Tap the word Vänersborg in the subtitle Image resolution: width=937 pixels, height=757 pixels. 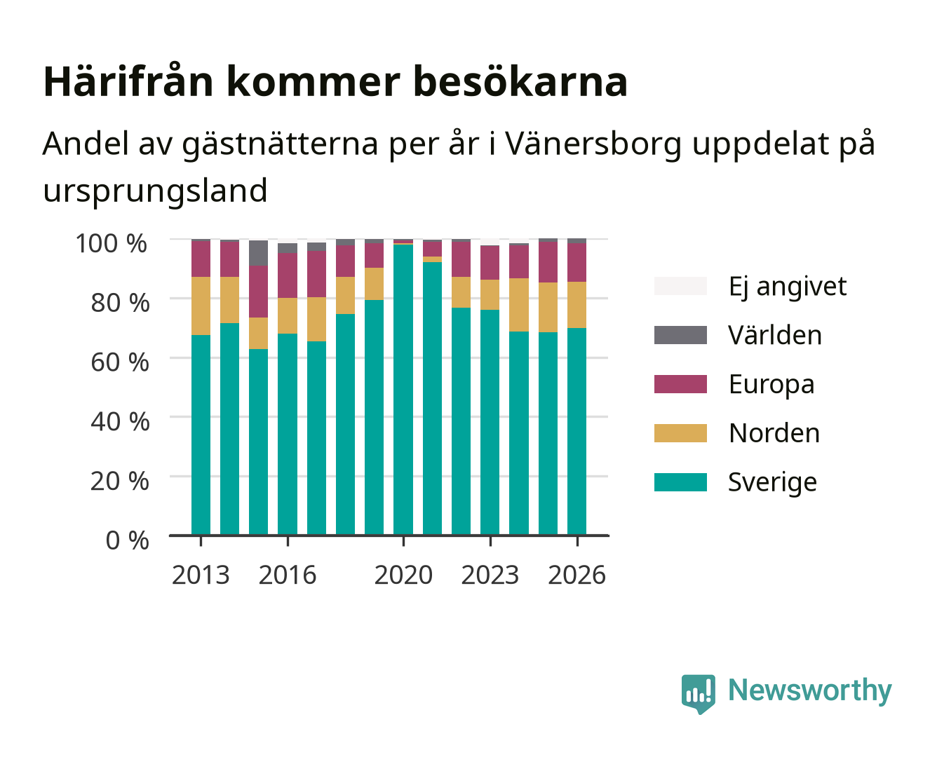[x=593, y=143]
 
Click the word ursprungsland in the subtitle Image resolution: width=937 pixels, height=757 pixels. [x=155, y=191]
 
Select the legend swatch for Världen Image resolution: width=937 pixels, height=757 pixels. [x=680, y=335]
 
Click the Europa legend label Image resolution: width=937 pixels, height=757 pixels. [x=771, y=384]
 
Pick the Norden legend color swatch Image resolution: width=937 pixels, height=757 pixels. [x=680, y=433]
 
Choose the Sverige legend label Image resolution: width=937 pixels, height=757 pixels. [x=772, y=482]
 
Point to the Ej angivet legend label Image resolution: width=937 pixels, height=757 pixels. [x=788, y=287]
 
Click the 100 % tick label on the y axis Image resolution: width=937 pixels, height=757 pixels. [x=112, y=243]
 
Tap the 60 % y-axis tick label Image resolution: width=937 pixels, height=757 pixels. [x=120, y=362]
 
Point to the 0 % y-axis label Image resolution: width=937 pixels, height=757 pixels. [x=127, y=540]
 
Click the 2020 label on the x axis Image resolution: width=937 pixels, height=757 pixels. [x=403, y=575]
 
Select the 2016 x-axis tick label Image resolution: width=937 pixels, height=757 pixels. [x=288, y=575]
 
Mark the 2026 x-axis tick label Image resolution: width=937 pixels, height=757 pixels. [x=577, y=575]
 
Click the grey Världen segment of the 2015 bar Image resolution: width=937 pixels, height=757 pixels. [x=258, y=253]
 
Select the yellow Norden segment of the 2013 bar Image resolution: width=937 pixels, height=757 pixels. [x=201, y=306]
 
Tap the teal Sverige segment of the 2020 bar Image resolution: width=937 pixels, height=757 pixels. [x=403, y=390]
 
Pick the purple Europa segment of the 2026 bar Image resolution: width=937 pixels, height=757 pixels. [x=577, y=262]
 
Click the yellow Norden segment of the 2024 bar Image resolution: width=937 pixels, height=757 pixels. [x=519, y=305]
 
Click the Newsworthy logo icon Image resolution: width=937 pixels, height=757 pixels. [x=698, y=694]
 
